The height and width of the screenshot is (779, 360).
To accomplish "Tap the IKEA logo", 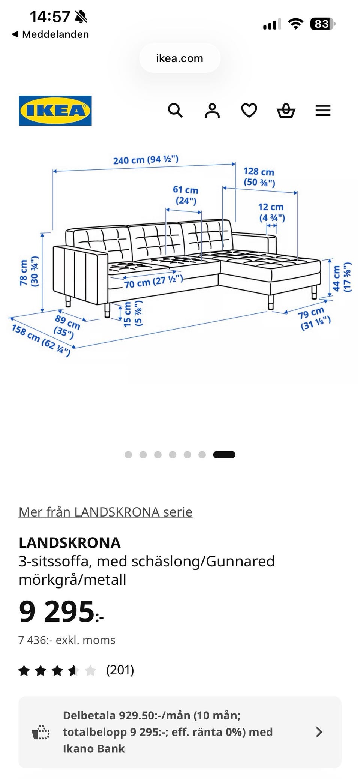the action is (x=55, y=111).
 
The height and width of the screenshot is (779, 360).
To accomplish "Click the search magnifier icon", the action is (x=175, y=111).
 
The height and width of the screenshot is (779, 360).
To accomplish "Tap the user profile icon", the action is (x=212, y=111).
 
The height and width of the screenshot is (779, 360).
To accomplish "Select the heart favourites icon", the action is (x=249, y=111).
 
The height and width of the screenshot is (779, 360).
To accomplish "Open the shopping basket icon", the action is (x=286, y=111).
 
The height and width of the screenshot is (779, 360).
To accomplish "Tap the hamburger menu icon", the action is (x=323, y=111).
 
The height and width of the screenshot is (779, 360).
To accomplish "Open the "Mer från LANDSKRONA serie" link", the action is (x=105, y=512).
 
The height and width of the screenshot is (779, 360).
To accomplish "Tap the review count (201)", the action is (x=120, y=670).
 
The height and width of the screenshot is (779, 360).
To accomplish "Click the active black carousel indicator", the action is (x=224, y=455).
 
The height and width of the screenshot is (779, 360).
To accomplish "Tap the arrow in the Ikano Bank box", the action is (x=319, y=732).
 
